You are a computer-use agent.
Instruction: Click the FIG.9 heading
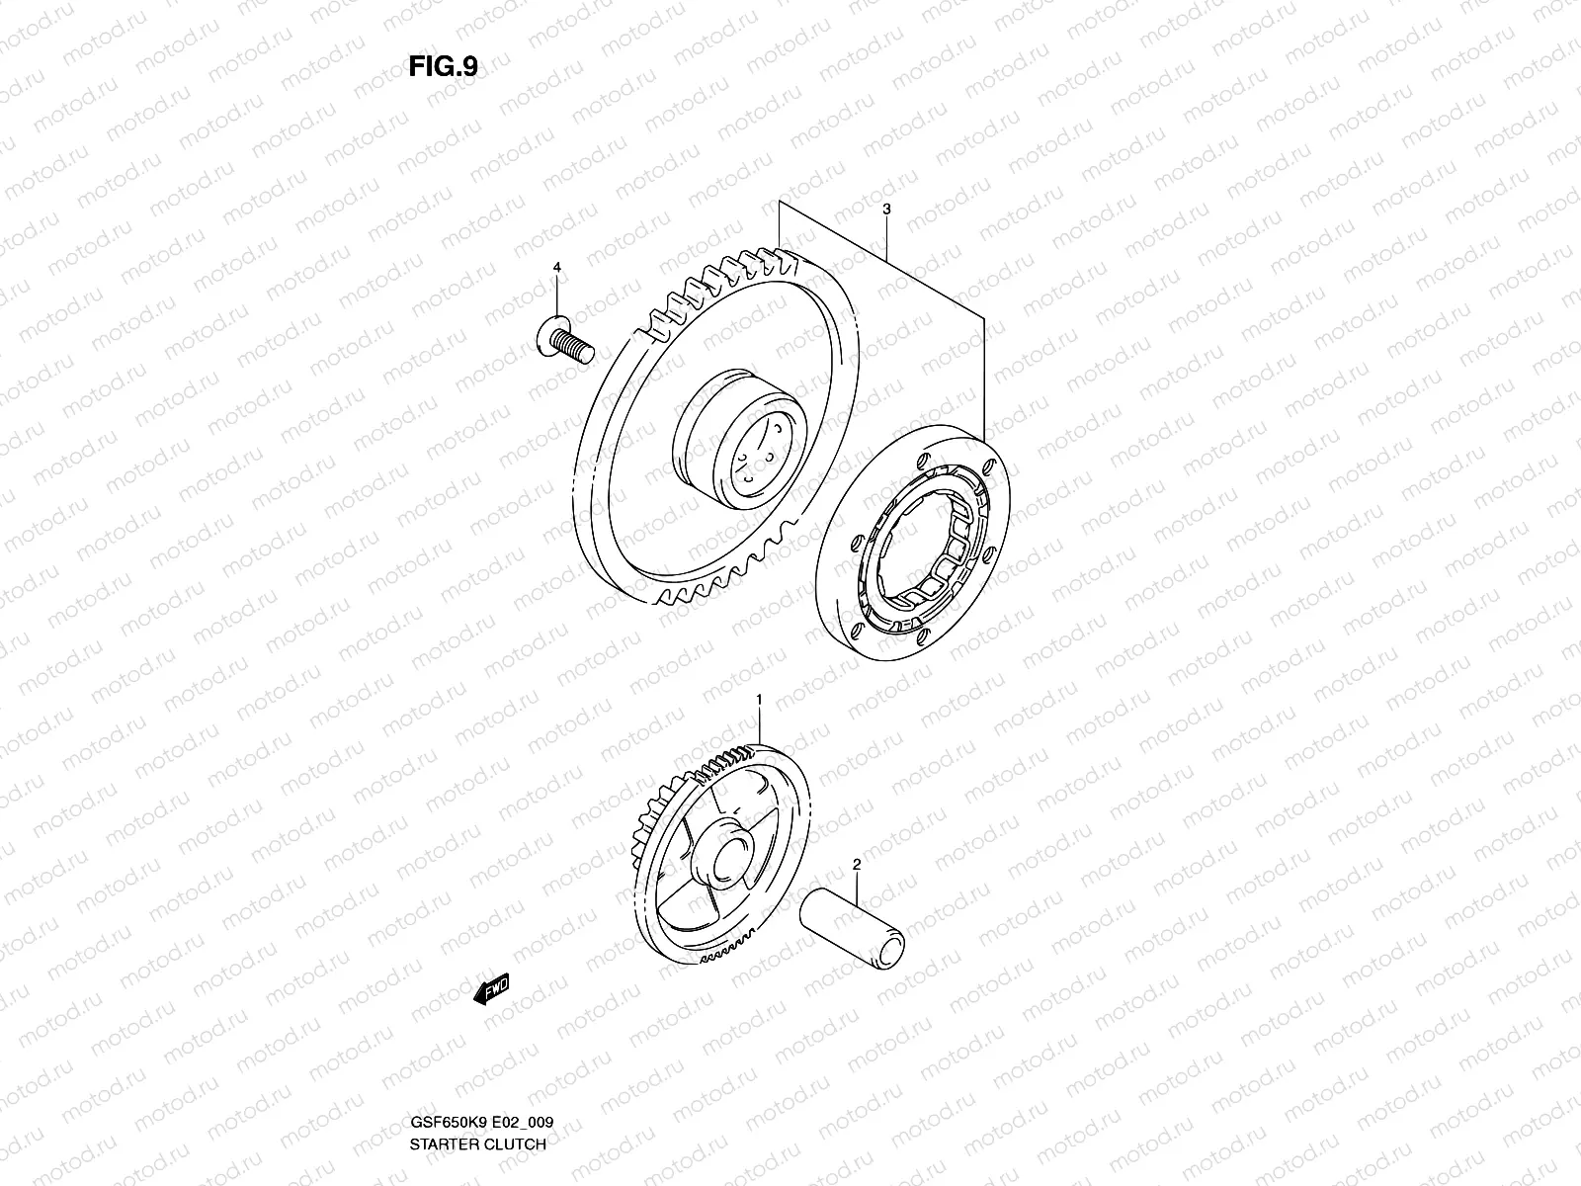point(444,66)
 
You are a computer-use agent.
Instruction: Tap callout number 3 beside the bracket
point(886,211)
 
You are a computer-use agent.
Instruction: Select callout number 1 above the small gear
point(759,700)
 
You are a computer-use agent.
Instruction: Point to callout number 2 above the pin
point(857,865)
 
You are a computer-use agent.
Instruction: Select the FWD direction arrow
point(491,989)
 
